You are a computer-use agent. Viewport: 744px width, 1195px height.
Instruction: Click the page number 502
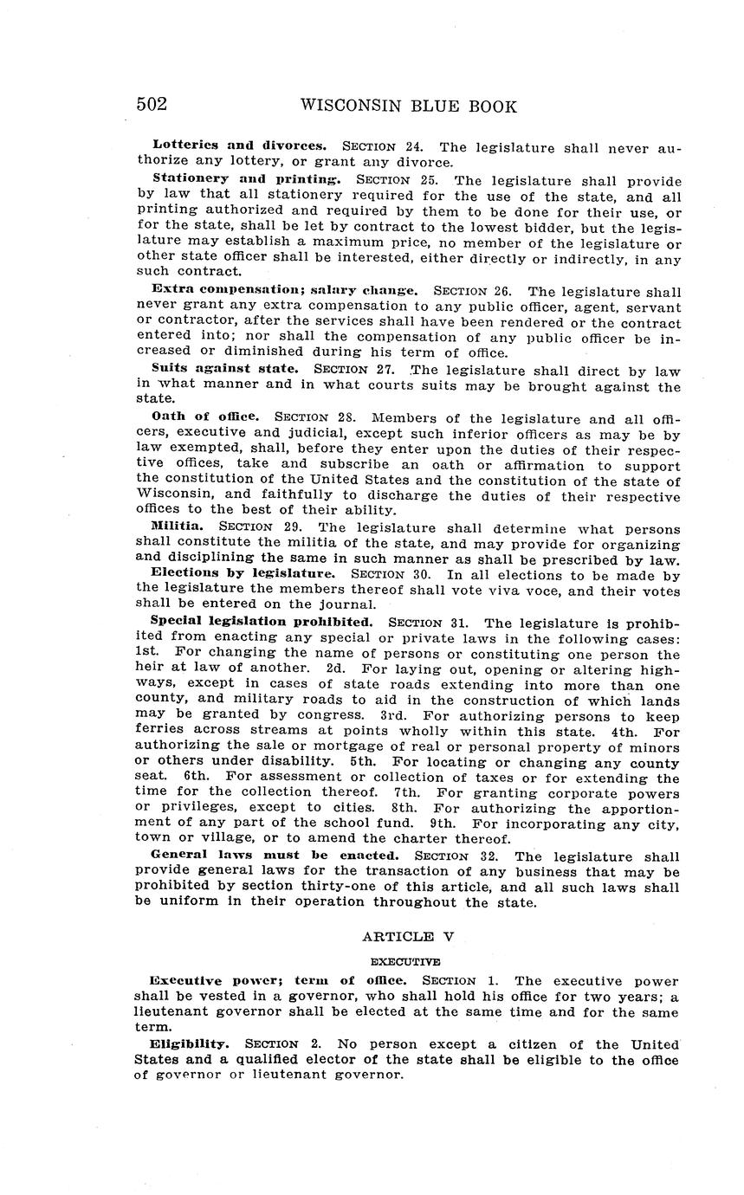152,105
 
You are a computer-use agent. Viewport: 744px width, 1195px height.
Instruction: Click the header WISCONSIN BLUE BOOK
408,107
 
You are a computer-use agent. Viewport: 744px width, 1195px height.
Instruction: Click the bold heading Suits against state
224,368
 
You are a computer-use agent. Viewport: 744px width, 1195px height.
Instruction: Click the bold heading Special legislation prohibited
262,621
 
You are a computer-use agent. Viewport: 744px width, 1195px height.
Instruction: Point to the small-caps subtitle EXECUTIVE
405,961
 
